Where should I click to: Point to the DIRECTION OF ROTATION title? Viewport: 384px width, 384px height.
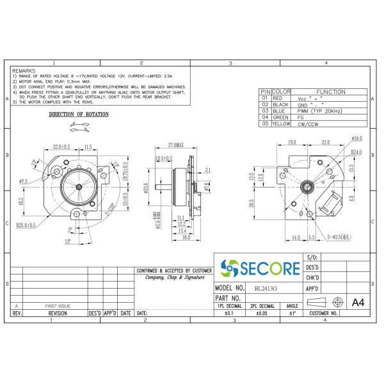point(79,115)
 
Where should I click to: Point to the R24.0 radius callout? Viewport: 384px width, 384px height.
point(356,152)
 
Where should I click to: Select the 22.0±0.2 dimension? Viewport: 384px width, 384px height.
point(61,147)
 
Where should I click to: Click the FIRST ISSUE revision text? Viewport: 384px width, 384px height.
point(58,307)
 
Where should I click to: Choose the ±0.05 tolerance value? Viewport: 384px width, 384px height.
point(262,314)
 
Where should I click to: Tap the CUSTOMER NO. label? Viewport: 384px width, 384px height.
point(324,314)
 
